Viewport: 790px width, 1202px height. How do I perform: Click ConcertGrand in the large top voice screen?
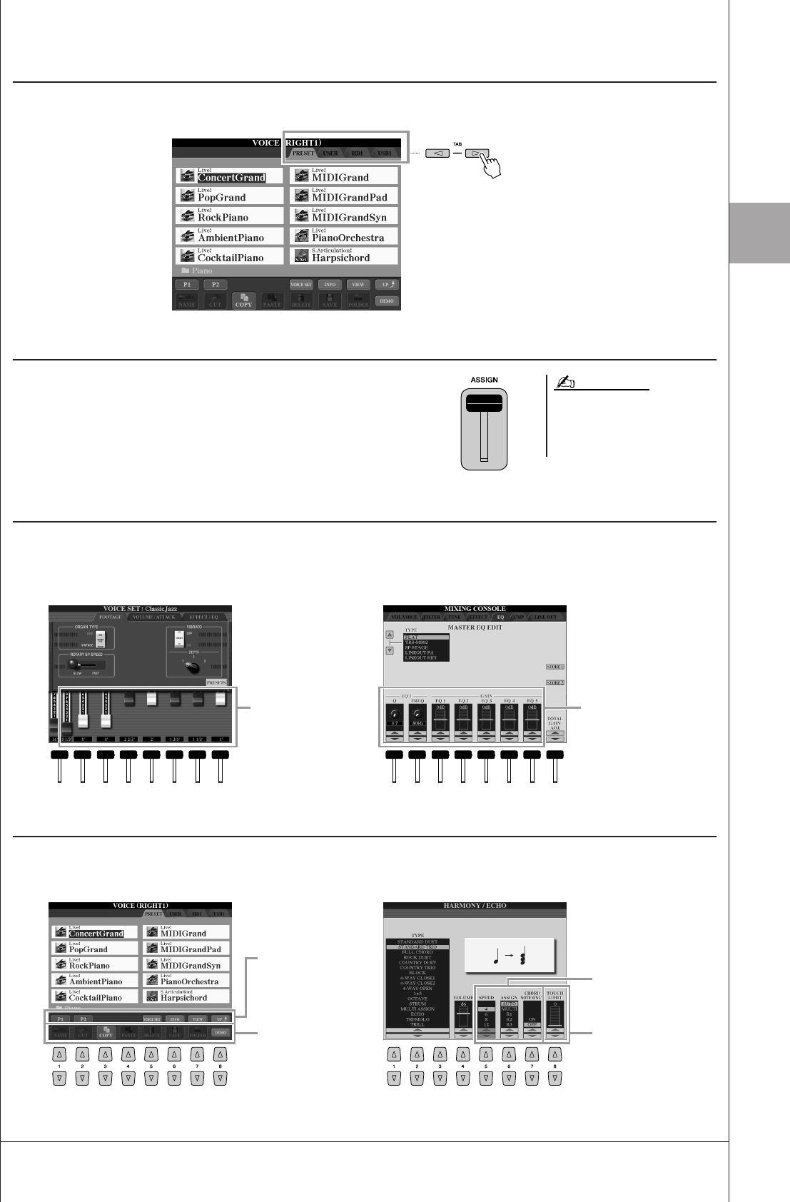pos(231,178)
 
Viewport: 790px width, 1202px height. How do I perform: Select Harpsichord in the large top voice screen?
pos(340,258)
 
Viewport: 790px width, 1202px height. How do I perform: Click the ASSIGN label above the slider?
pos(484,380)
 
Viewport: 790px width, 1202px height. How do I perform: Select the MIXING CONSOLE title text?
pos(475,609)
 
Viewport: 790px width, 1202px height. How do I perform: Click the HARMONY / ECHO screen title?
pos(475,906)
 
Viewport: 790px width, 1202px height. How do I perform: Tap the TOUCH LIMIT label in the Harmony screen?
pos(554,995)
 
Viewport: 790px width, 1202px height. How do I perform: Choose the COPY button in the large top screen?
pos(244,301)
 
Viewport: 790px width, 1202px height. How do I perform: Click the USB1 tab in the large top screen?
pos(384,153)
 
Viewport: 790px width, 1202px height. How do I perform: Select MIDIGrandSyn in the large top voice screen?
pos(349,218)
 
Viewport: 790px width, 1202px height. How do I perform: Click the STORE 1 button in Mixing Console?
pos(554,667)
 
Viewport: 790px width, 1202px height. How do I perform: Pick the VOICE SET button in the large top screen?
pos(301,285)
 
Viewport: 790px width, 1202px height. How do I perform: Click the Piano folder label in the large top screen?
pos(202,271)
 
